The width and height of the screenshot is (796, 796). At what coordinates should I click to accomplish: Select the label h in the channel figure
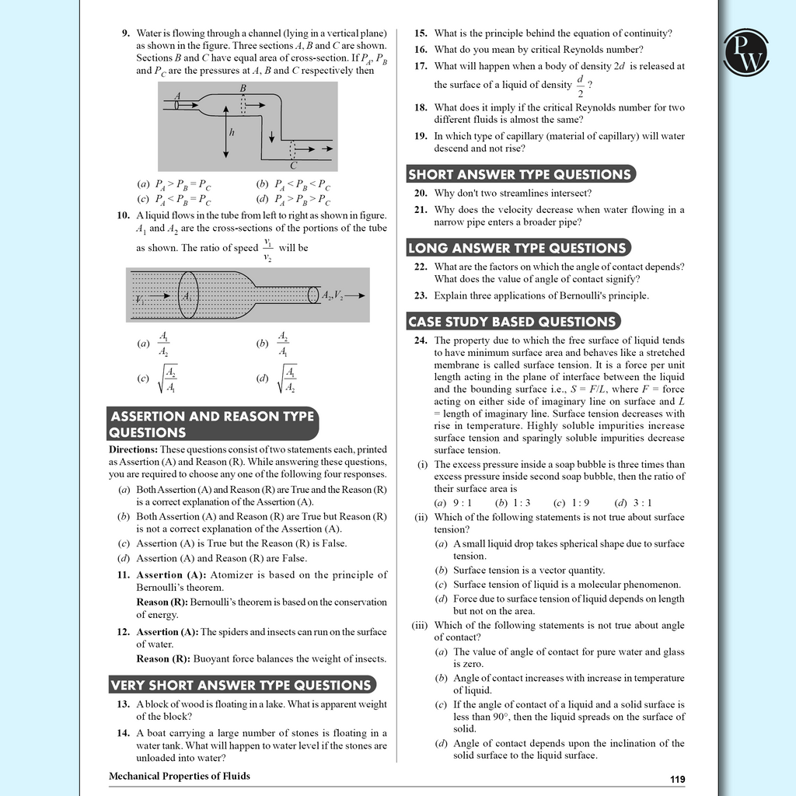[232, 132]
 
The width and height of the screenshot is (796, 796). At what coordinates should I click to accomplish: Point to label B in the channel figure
[243, 89]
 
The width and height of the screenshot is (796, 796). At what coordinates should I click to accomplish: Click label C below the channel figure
[293, 165]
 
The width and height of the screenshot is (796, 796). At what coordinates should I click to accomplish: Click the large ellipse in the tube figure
[188, 295]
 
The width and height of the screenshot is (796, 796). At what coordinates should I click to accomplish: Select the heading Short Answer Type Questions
[519, 174]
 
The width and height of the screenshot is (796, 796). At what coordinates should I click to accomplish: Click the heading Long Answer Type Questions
[517, 248]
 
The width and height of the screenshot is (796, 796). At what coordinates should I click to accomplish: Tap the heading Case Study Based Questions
[512, 321]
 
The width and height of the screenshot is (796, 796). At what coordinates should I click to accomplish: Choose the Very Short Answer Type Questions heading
[241, 685]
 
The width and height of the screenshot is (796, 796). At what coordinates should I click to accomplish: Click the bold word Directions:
[134, 449]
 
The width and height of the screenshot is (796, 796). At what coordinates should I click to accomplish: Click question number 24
[421, 340]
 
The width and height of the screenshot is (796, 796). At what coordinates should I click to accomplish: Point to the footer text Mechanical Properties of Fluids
[180, 776]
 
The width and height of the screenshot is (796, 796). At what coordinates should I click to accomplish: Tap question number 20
[421, 193]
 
